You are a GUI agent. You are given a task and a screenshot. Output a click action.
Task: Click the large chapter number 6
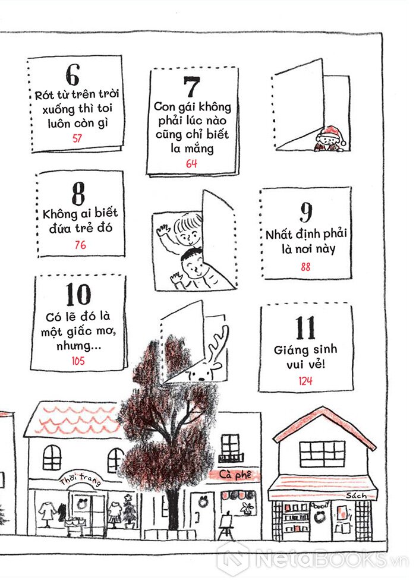73,75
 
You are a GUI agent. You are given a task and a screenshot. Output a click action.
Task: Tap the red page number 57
77,138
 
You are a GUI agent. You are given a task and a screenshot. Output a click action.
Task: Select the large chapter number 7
192,87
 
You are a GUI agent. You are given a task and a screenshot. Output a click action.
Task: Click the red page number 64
191,163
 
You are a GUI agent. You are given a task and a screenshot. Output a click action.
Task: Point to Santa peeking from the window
330,139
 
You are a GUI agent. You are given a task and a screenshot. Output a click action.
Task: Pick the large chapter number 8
78,194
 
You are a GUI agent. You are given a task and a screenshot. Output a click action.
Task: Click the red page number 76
80,245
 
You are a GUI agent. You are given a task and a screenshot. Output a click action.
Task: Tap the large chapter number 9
306,212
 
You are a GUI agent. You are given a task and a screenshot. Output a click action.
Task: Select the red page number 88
305,267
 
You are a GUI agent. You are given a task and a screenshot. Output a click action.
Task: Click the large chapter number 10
78,294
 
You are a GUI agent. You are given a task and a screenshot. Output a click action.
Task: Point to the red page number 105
78,361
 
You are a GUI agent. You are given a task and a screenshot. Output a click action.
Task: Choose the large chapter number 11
305,328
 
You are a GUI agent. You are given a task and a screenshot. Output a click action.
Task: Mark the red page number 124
305,381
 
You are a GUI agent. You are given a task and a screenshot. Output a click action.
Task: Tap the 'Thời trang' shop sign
80,479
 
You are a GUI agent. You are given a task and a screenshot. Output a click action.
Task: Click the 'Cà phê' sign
235,475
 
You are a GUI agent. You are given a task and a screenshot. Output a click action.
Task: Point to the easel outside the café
225,526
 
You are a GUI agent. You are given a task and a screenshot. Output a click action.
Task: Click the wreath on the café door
203,503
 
